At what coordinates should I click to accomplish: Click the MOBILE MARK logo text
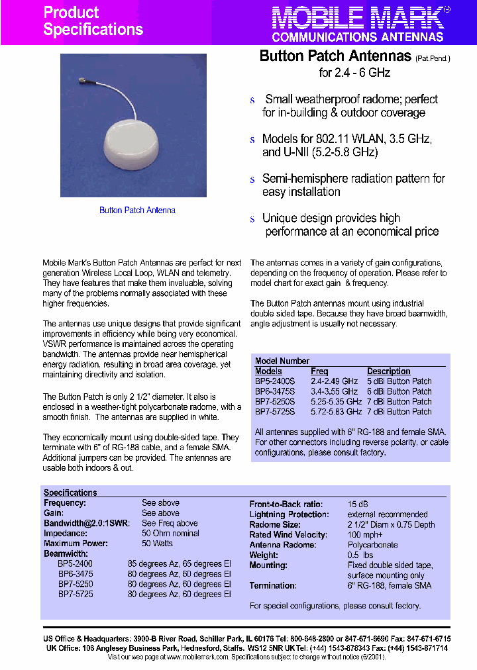tap(358, 17)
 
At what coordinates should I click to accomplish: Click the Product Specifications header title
tap(93, 21)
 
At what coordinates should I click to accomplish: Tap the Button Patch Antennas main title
tap(336, 56)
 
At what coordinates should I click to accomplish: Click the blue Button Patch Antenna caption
tap(137, 211)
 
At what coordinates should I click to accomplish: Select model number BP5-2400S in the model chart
tap(275, 381)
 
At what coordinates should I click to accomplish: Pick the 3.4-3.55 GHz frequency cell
tap(334, 391)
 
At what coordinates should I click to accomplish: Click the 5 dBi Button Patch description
tap(399, 381)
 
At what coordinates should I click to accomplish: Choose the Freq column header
tap(319, 371)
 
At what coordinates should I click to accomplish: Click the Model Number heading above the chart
tap(282, 361)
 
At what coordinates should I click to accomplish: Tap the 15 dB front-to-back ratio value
tap(358, 503)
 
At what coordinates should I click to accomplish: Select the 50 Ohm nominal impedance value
tap(170, 533)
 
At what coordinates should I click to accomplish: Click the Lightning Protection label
tap(288, 514)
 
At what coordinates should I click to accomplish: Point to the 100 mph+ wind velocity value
tap(365, 534)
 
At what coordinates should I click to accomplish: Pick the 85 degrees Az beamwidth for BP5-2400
tap(179, 563)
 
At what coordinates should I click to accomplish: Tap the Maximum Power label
tap(76, 544)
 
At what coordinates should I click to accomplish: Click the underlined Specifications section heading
tap(70, 493)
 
